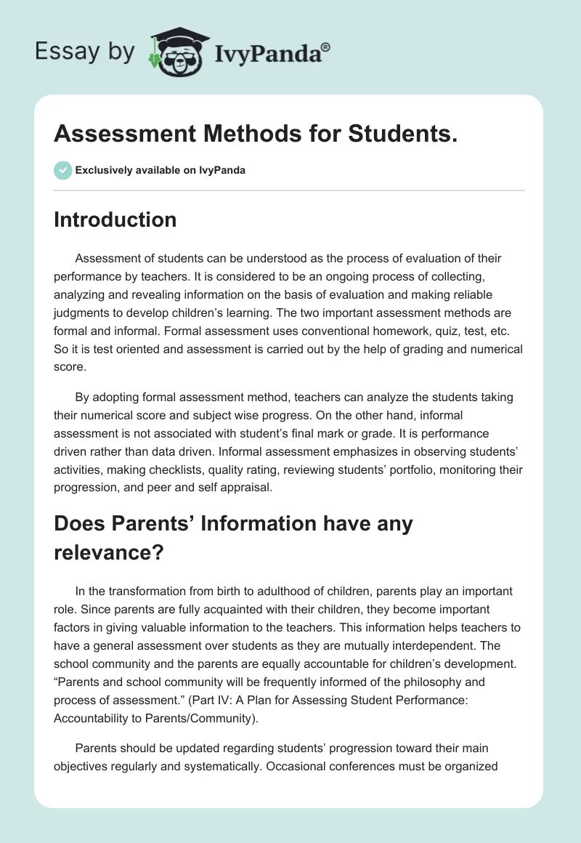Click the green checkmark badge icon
pos(62,170)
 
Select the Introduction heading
pos(115,219)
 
